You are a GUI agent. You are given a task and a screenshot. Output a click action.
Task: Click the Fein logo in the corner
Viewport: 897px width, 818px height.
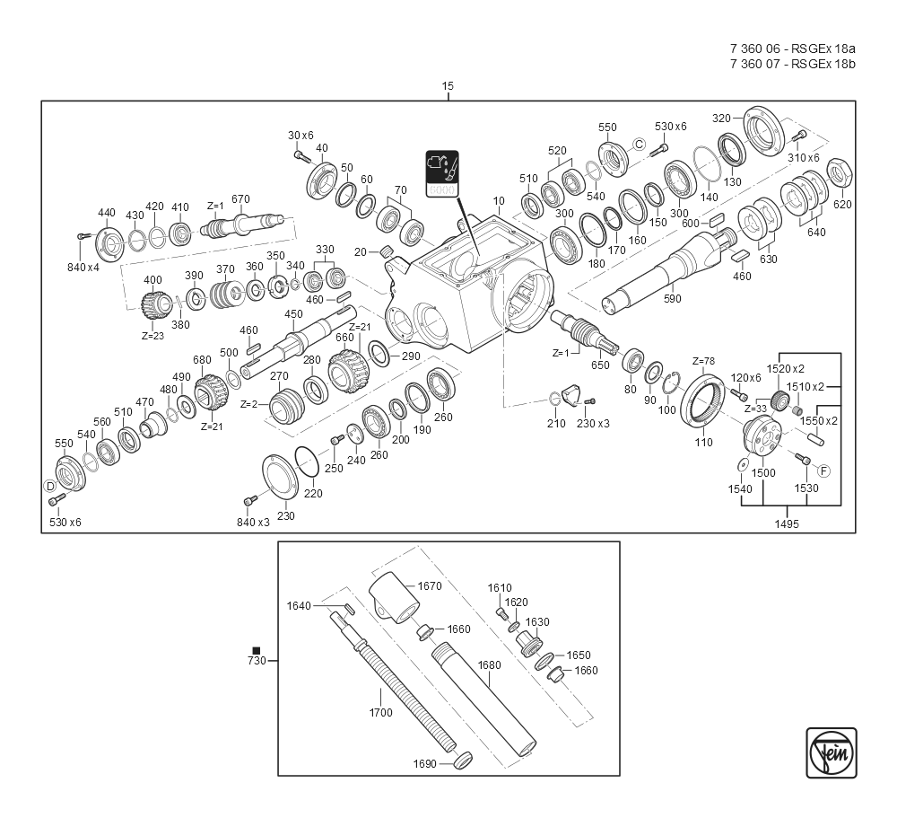[x=832, y=752]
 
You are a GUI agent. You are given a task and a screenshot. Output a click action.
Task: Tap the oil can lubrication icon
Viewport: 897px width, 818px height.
[x=442, y=173]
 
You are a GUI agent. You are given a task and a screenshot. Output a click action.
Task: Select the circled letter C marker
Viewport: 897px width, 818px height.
[x=639, y=145]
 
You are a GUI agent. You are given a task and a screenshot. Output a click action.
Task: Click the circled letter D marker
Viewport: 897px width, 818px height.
[x=50, y=487]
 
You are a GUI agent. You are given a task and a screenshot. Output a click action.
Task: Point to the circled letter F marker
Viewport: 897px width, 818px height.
[x=823, y=471]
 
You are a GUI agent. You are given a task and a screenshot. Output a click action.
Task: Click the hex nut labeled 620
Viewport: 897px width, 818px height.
[x=840, y=172]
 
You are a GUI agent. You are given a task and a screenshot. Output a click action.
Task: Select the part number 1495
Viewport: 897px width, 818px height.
[x=787, y=523]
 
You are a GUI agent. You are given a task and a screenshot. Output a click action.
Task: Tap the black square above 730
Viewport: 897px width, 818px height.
[x=257, y=651]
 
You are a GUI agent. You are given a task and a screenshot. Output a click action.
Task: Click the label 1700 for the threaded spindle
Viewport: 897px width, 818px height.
[x=380, y=713]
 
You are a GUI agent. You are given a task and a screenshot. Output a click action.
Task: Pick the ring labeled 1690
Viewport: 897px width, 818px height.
[x=462, y=761]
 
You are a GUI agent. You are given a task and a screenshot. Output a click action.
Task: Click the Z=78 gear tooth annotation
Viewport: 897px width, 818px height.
[x=703, y=362]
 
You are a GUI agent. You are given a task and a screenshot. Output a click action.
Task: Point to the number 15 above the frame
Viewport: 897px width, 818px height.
[x=448, y=86]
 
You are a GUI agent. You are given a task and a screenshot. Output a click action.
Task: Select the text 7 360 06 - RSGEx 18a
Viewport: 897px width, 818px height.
[x=793, y=48]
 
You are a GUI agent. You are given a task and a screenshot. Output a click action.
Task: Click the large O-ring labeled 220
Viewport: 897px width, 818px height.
[x=307, y=462]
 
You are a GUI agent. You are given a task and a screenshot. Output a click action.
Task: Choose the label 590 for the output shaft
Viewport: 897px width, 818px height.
[x=672, y=298]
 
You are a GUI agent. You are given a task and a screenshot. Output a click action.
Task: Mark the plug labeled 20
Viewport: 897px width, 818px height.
[x=386, y=251]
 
